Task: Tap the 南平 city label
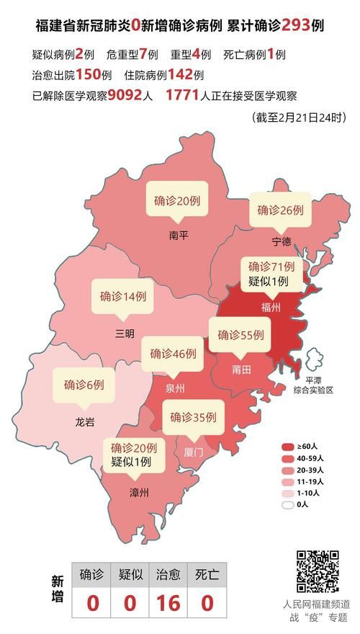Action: (x=178, y=234)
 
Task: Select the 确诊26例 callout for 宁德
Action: (x=281, y=210)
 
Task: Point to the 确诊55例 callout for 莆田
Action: (x=241, y=335)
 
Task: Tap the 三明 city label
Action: (x=124, y=333)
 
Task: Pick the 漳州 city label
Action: (x=138, y=493)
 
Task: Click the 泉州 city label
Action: (x=175, y=388)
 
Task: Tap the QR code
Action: (x=317, y=571)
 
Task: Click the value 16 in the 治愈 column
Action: (x=169, y=603)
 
